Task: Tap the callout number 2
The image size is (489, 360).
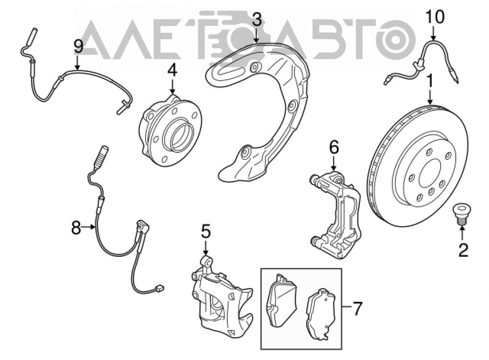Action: point(463,250)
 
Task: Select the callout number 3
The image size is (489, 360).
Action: point(256,20)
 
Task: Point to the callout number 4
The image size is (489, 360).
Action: point(172,70)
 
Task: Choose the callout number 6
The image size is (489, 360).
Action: point(333,148)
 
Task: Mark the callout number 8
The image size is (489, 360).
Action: point(76,228)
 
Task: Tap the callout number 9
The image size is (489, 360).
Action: point(78,47)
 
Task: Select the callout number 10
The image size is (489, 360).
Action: point(435,18)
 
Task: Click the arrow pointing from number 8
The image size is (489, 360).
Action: point(89,227)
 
